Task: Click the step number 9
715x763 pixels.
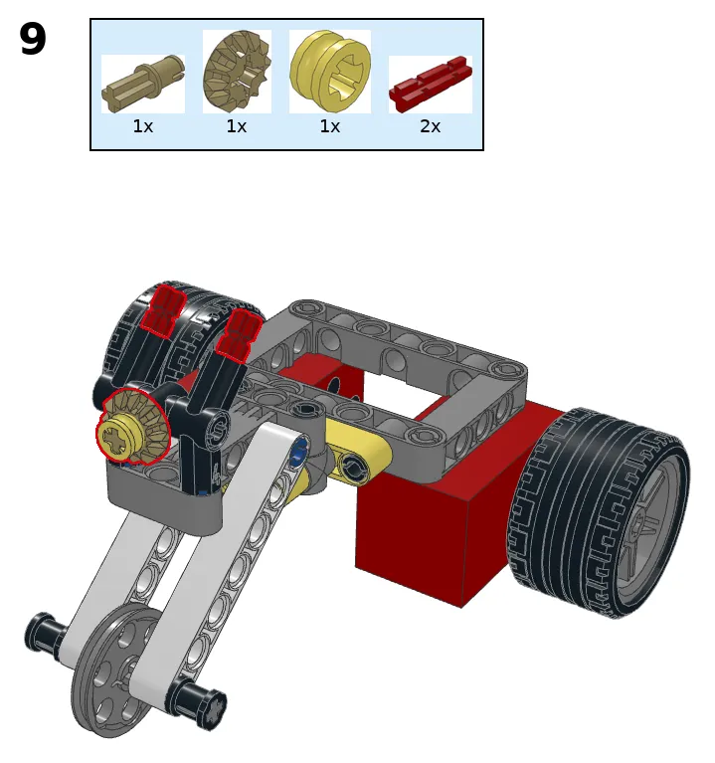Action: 33,39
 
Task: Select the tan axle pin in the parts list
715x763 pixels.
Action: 143,85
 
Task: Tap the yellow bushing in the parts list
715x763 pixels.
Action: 330,70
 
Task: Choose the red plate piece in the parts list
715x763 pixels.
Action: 431,85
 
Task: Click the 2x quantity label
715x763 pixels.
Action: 430,126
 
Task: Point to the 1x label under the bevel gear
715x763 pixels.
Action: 237,126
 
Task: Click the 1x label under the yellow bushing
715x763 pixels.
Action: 330,126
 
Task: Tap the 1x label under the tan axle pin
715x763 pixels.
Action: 143,126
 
